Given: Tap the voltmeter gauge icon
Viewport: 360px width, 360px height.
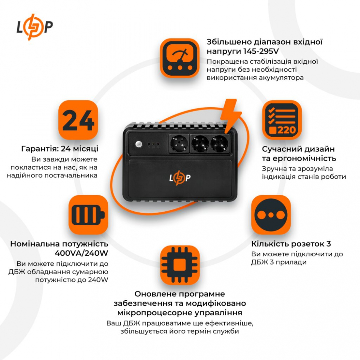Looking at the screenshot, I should (x=179, y=58).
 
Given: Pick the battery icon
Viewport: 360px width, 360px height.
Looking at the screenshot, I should (x=88, y=215).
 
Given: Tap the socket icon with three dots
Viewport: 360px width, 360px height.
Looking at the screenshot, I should (x=271, y=215).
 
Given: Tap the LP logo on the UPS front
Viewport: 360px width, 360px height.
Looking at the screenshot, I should (x=180, y=178).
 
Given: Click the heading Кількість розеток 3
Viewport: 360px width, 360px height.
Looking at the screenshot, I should (x=291, y=244).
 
